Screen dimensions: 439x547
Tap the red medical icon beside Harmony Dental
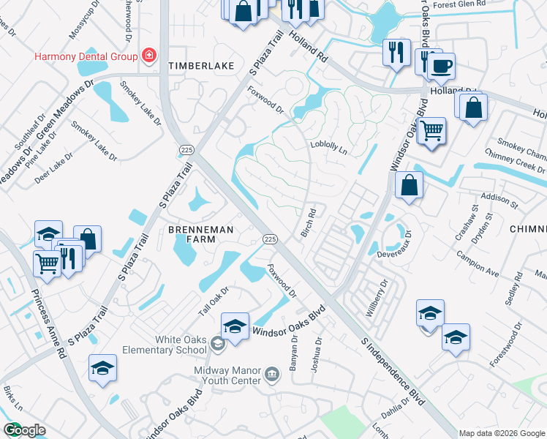point(149,55)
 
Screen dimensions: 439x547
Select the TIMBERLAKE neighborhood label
point(201,66)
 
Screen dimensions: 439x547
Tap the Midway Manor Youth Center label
point(227,375)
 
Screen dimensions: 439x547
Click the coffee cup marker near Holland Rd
point(441,67)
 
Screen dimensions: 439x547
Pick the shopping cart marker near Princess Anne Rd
point(48,261)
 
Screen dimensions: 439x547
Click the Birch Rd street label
point(309,223)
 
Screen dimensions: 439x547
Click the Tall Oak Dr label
point(214,301)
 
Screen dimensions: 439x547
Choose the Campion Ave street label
point(478,266)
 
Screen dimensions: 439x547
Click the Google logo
point(24,430)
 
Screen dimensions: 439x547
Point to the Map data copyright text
point(502,433)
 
